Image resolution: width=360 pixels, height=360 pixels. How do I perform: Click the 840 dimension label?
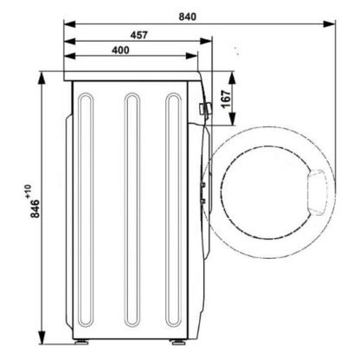pyautogui.click(x=187, y=16)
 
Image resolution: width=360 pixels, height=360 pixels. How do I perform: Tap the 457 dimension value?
pyautogui.click(x=139, y=35)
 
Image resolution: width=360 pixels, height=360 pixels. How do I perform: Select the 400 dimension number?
pyautogui.click(x=120, y=50)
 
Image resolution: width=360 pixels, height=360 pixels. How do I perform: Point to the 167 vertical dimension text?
pyautogui.click(x=227, y=99)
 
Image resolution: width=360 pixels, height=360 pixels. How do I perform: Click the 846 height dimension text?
pyautogui.click(x=35, y=209)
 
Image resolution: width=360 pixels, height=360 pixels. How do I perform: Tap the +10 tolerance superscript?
pyautogui.click(x=28, y=191)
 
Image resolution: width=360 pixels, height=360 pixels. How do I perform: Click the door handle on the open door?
pyautogui.click(x=317, y=192)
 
